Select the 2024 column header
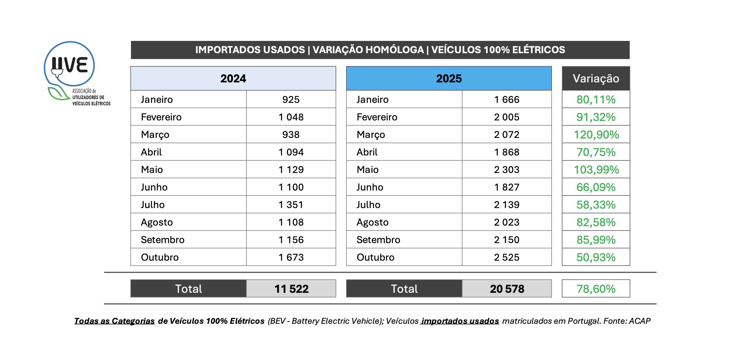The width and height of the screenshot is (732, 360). click(x=233, y=79)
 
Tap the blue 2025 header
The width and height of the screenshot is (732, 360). click(x=449, y=79)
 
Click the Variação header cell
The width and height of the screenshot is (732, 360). click(x=596, y=79)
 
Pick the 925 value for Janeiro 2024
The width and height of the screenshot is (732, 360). click(x=291, y=100)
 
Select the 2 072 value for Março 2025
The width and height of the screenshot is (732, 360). click(x=507, y=135)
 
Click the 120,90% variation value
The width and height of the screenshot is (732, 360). click(x=596, y=135)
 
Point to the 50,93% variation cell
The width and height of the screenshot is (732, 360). click(x=596, y=257)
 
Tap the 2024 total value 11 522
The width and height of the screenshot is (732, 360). click(x=291, y=289)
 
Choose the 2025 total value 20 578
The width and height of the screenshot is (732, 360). click(x=507, y=289)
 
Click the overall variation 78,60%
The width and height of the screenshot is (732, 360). click(x=596, y=289)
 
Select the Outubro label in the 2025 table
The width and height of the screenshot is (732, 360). click(x=375, y=257)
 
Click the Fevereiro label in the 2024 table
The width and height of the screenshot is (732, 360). click(x=161, y=117)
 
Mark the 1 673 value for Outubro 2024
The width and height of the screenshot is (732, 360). click(x=291, y=257)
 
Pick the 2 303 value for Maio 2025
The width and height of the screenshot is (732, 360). click(x=507, y=170)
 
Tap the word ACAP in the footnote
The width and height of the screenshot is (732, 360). click(x=640, y=321)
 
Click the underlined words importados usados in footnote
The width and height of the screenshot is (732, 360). click(x=460, y=321)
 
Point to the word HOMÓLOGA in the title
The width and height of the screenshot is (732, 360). click(x=368, y=50)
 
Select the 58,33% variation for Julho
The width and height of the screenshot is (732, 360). click(x=596, y=205)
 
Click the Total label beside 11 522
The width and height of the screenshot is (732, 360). click(x=189, y=289)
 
